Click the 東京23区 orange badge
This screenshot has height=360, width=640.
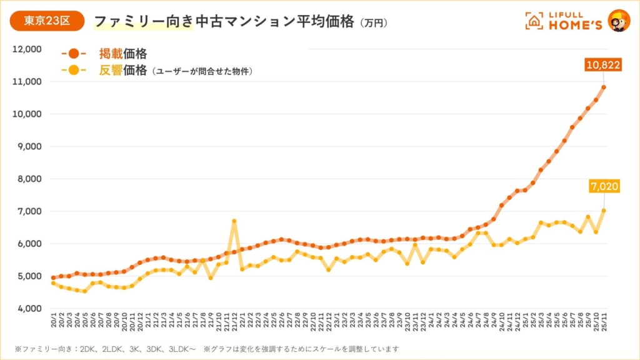coord(47,21)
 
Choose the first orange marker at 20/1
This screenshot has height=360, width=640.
coord(53,277)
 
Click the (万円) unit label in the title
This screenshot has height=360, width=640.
coord(374,22)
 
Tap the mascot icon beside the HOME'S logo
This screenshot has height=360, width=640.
coord(619,21)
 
